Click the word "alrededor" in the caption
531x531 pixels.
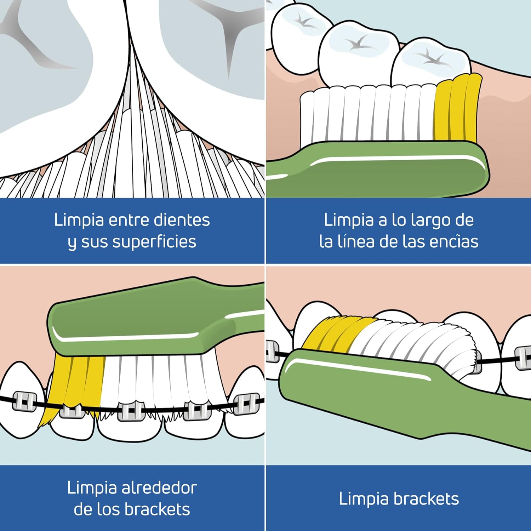(159, 488)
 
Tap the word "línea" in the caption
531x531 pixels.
(355, 241)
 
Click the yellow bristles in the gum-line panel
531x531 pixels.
(457, 109)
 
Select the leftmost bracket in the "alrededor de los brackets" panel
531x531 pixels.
(24, 401)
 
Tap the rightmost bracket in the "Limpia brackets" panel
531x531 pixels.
(523, 358)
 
